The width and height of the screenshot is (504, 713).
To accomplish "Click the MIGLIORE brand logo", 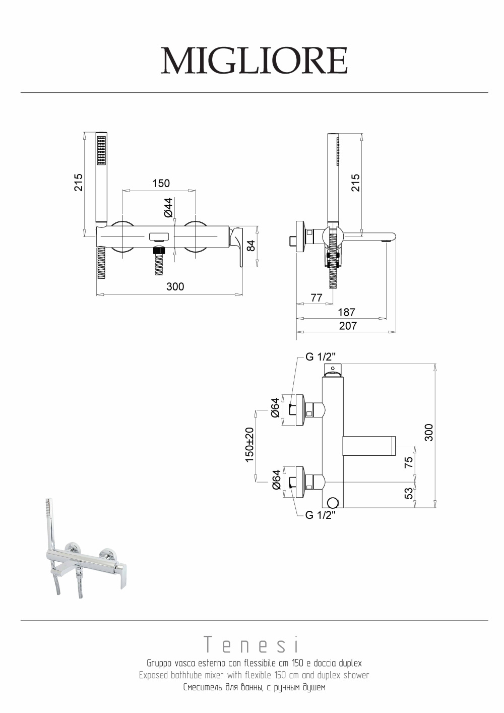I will pyautogui.click(x=254, y=61).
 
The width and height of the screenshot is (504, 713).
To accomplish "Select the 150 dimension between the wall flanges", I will pyautogui.click(x=161, y=183).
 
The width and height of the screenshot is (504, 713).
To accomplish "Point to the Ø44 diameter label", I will pyautogui.click(x=168, y=207).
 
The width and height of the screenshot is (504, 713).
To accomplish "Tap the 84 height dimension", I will pyautogui.click(x=250, y=246).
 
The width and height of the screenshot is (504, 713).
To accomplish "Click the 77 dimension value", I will pyautogui.click(x=316, y=298).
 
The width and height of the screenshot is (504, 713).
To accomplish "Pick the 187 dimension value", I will pyautogui.click(x=346, y=312).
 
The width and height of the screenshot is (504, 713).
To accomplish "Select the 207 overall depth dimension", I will pyautogui.click(x=348, y=326).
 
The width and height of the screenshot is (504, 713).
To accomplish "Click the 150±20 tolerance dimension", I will pyautogui.click(x=249, y=446).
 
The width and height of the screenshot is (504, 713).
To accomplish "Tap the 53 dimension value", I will pyautogui.click(x=409, y=493).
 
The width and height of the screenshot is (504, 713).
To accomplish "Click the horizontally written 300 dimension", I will pyautogui.click(x=175, y=287).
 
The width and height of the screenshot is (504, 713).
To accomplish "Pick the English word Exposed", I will pyautogui.click(x=154, y=675).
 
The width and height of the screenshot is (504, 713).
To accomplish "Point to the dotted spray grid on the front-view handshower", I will pyautogui.click(x=101, y=149).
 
